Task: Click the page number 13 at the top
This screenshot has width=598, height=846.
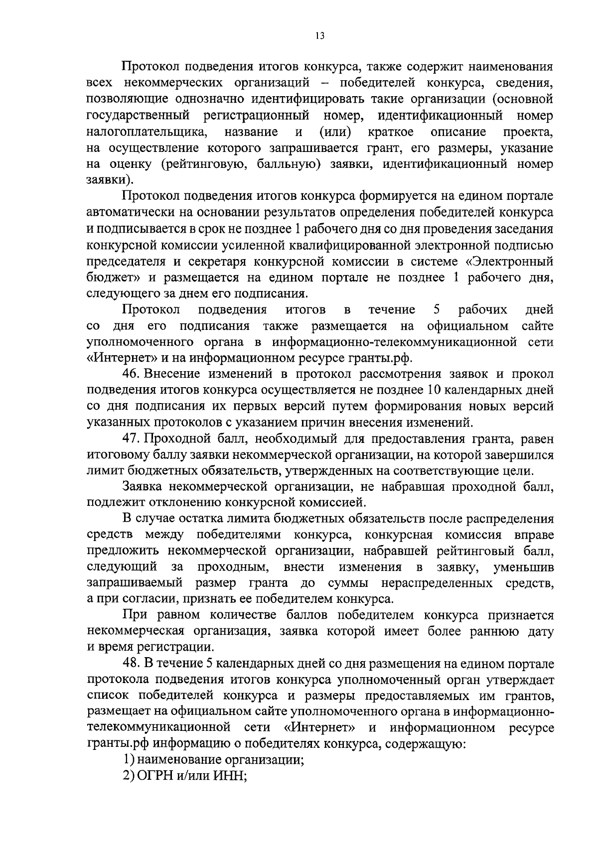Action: click(x=319, y=35)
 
